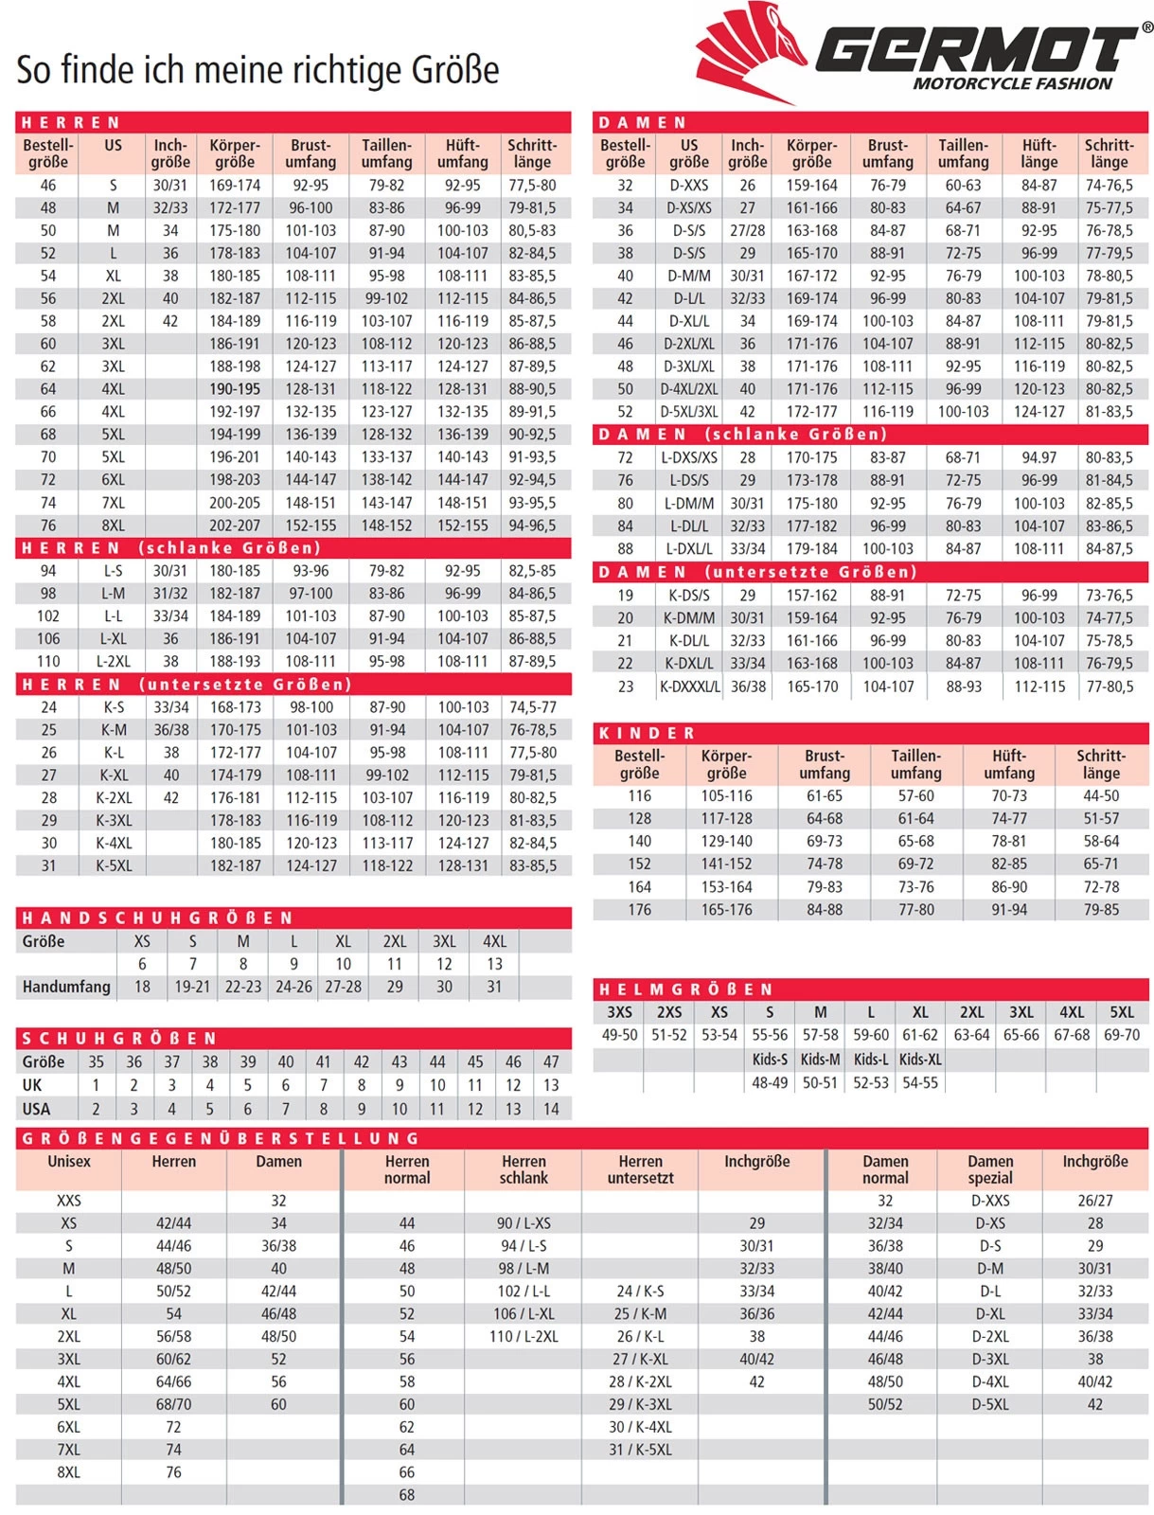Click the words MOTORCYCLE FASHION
pos(1012,84)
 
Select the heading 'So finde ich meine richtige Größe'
pos(257,70)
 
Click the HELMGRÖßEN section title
pos(687,989)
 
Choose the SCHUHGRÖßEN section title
pos(120,1039)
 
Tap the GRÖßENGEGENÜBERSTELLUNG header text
pos(221,1138)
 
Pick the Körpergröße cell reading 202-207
pos(235,526)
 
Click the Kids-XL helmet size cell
pos(920,1060)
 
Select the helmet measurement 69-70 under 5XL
pos(1122,1035)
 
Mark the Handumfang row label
pos(66,987)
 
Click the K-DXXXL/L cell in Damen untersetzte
pos(689,686)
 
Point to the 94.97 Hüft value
pos(1039,457)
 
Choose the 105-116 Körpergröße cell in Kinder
pos(726,796)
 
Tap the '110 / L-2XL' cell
pos(524,1337)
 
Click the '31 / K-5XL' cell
pos(640,1450)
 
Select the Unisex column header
pos(69,1162)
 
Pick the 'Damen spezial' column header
pos(990,1169)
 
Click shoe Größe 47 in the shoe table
pos(551,1062)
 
